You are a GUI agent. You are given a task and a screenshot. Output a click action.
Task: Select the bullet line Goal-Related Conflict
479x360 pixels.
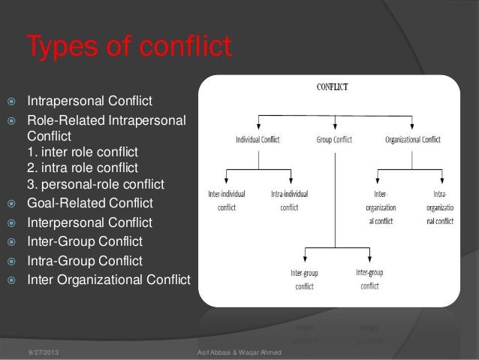90,203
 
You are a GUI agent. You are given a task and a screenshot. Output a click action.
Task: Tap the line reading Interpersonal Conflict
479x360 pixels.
89,222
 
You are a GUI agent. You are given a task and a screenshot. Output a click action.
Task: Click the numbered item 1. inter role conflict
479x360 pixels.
84,151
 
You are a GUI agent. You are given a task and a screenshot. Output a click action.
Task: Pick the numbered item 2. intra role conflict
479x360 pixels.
83,168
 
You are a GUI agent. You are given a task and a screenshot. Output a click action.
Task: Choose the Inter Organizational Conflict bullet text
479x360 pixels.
109,281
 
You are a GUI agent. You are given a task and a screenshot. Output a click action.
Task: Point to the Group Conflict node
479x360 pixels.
334,139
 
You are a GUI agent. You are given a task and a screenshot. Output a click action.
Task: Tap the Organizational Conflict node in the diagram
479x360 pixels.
412,139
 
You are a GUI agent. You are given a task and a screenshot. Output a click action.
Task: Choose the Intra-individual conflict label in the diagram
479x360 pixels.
289,201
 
